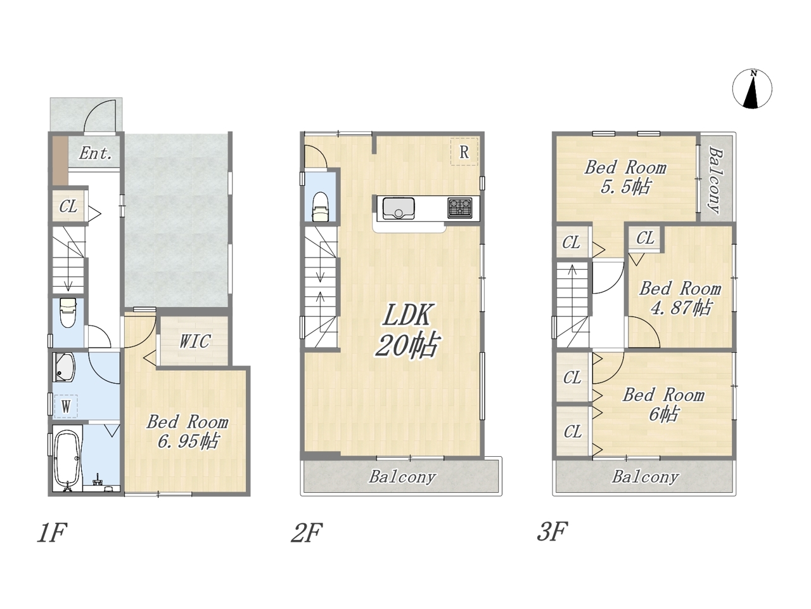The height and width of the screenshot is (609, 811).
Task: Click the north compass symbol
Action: (752, 89)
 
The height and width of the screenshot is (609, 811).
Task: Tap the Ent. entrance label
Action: (96, 153)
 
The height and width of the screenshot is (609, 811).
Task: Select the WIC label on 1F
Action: (195, 341)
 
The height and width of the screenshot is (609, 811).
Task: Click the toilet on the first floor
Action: (68, 313)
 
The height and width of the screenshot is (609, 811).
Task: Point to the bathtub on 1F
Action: (67, 458)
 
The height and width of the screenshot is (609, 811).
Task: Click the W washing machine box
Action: (66, 407)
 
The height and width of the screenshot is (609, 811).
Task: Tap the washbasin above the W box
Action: (64, 367)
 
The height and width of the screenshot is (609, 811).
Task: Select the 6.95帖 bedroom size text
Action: (188, 442)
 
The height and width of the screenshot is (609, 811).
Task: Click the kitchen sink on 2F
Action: (399, 209)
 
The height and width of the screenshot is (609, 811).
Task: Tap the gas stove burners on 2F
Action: (459, 208)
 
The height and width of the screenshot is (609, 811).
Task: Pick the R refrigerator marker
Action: (464, 152)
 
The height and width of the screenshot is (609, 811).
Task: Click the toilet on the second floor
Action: (321, 207)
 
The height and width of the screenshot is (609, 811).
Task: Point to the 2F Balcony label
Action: (402, 476)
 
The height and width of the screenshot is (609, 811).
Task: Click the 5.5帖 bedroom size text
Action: (625, 187)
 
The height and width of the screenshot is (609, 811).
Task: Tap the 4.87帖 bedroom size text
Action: (681, 308)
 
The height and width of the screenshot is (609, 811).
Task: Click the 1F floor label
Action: (52, 532)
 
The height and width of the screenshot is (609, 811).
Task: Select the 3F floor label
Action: (552, 532)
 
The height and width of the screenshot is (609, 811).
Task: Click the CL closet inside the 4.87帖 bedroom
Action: (645, 238)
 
